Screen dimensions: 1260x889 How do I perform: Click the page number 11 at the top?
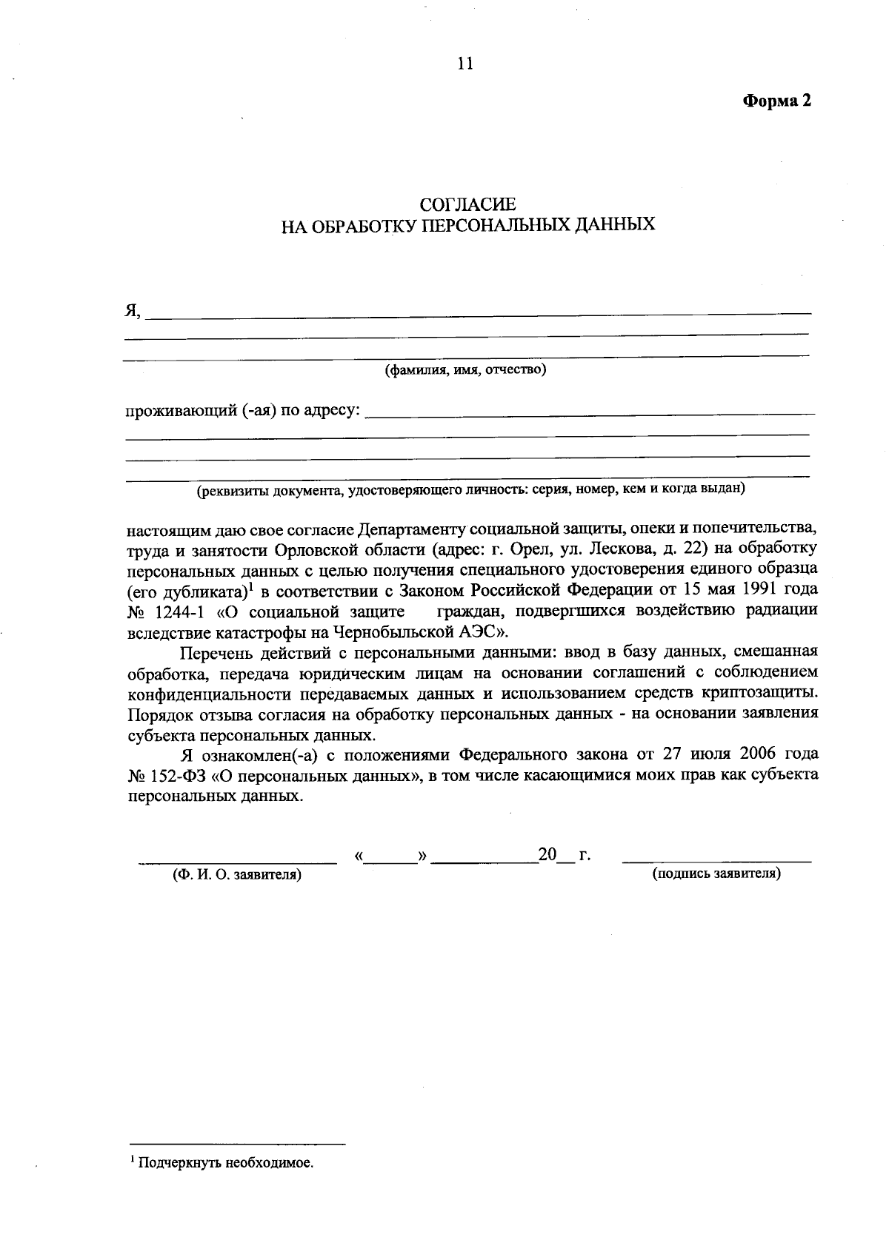click(465, 64)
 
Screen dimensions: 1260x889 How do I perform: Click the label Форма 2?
click(777, 101)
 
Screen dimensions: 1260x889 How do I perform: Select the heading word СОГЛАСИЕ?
click(467, 204)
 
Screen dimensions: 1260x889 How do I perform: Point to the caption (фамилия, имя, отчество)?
click(465, 369)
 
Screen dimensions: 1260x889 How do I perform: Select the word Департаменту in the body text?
click(411, 531)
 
